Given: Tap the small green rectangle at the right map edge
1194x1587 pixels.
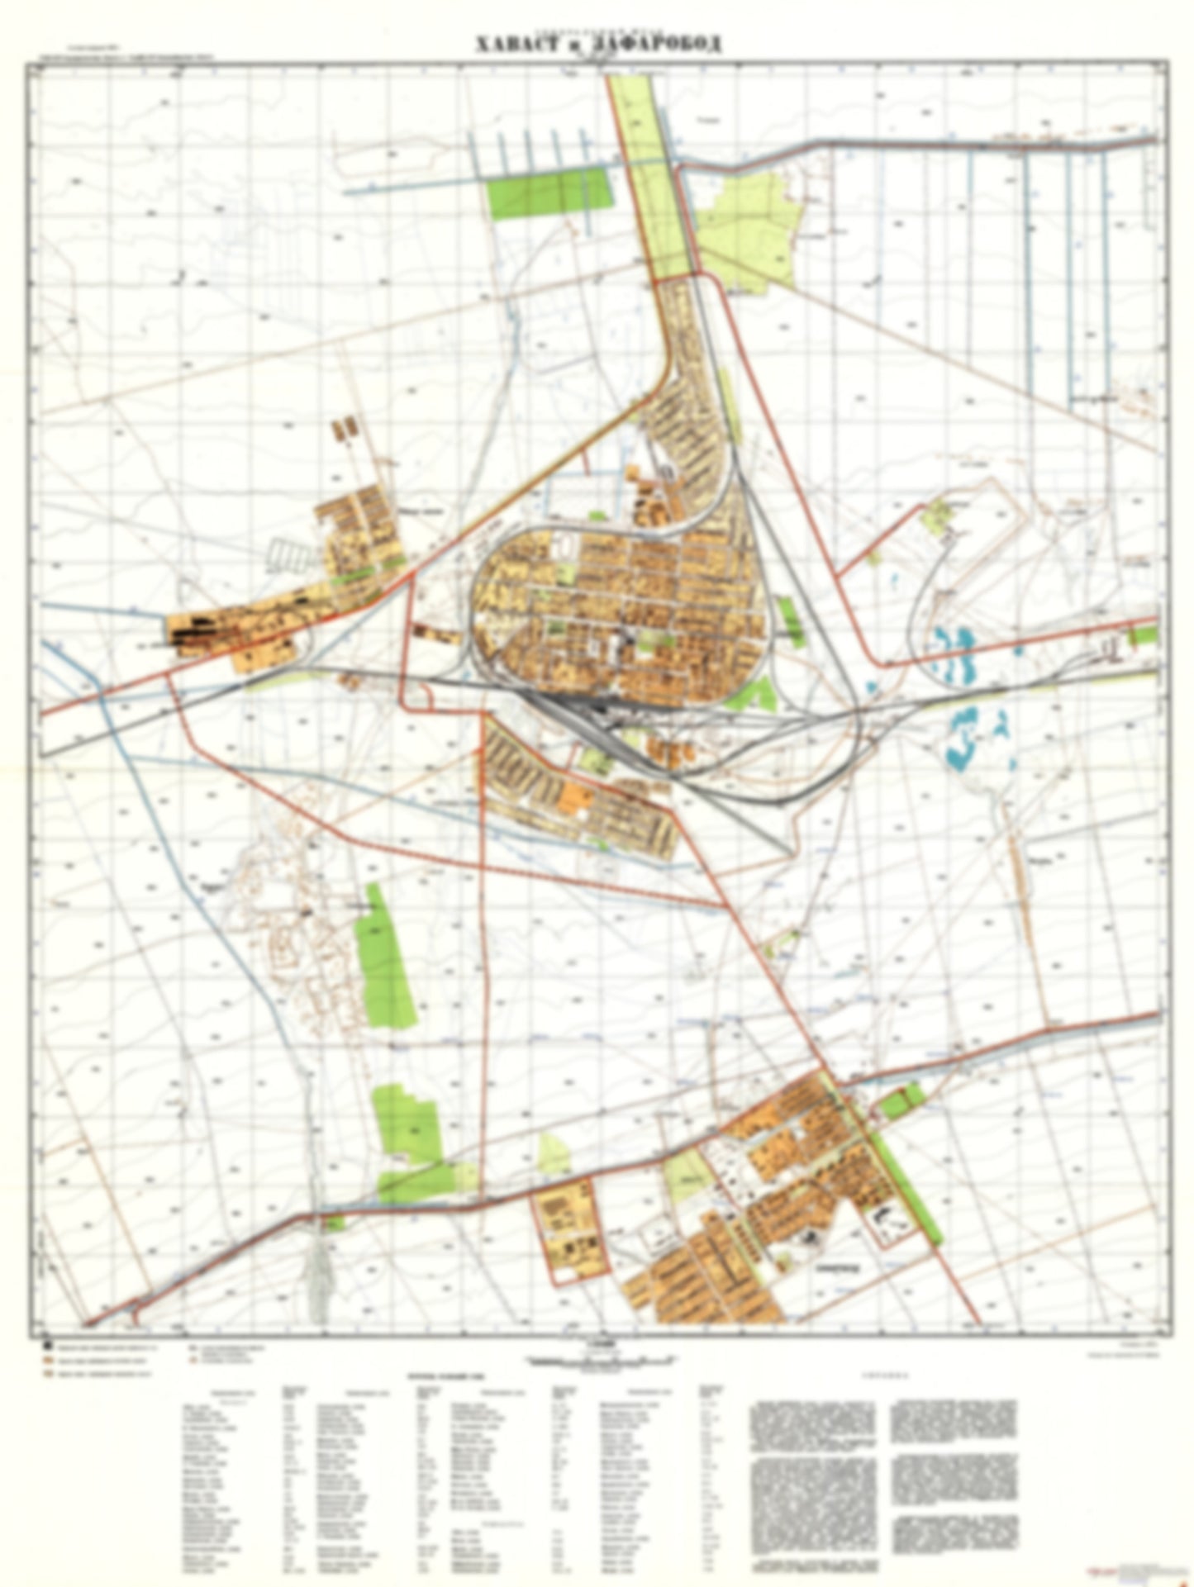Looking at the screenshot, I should coord(1144,634).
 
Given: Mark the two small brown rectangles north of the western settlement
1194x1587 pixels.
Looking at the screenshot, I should coord(345,429).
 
